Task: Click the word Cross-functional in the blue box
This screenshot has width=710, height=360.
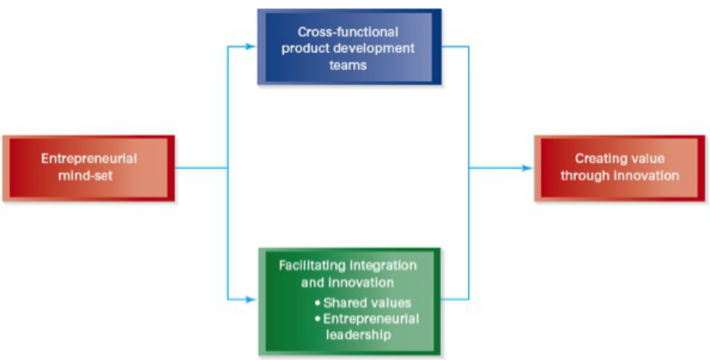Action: click(348, 32)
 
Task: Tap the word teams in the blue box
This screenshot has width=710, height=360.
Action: click(348, 65)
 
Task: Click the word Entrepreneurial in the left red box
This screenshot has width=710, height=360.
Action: click(89, 159)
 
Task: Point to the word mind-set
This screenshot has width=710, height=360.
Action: click(85, 176)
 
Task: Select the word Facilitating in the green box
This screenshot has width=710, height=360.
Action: click(312, 266)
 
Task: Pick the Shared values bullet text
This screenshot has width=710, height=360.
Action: click(367, 303)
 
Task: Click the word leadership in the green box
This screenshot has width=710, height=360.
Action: click(358, 335)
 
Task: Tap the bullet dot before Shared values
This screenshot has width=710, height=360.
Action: click(317, 303)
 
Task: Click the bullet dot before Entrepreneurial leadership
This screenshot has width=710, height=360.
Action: click(317, 319)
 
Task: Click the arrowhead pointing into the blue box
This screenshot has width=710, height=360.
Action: click(251, 46)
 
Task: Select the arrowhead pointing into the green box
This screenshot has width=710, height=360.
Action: click(251, 299)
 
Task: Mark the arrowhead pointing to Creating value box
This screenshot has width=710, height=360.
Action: click(527, 168)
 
